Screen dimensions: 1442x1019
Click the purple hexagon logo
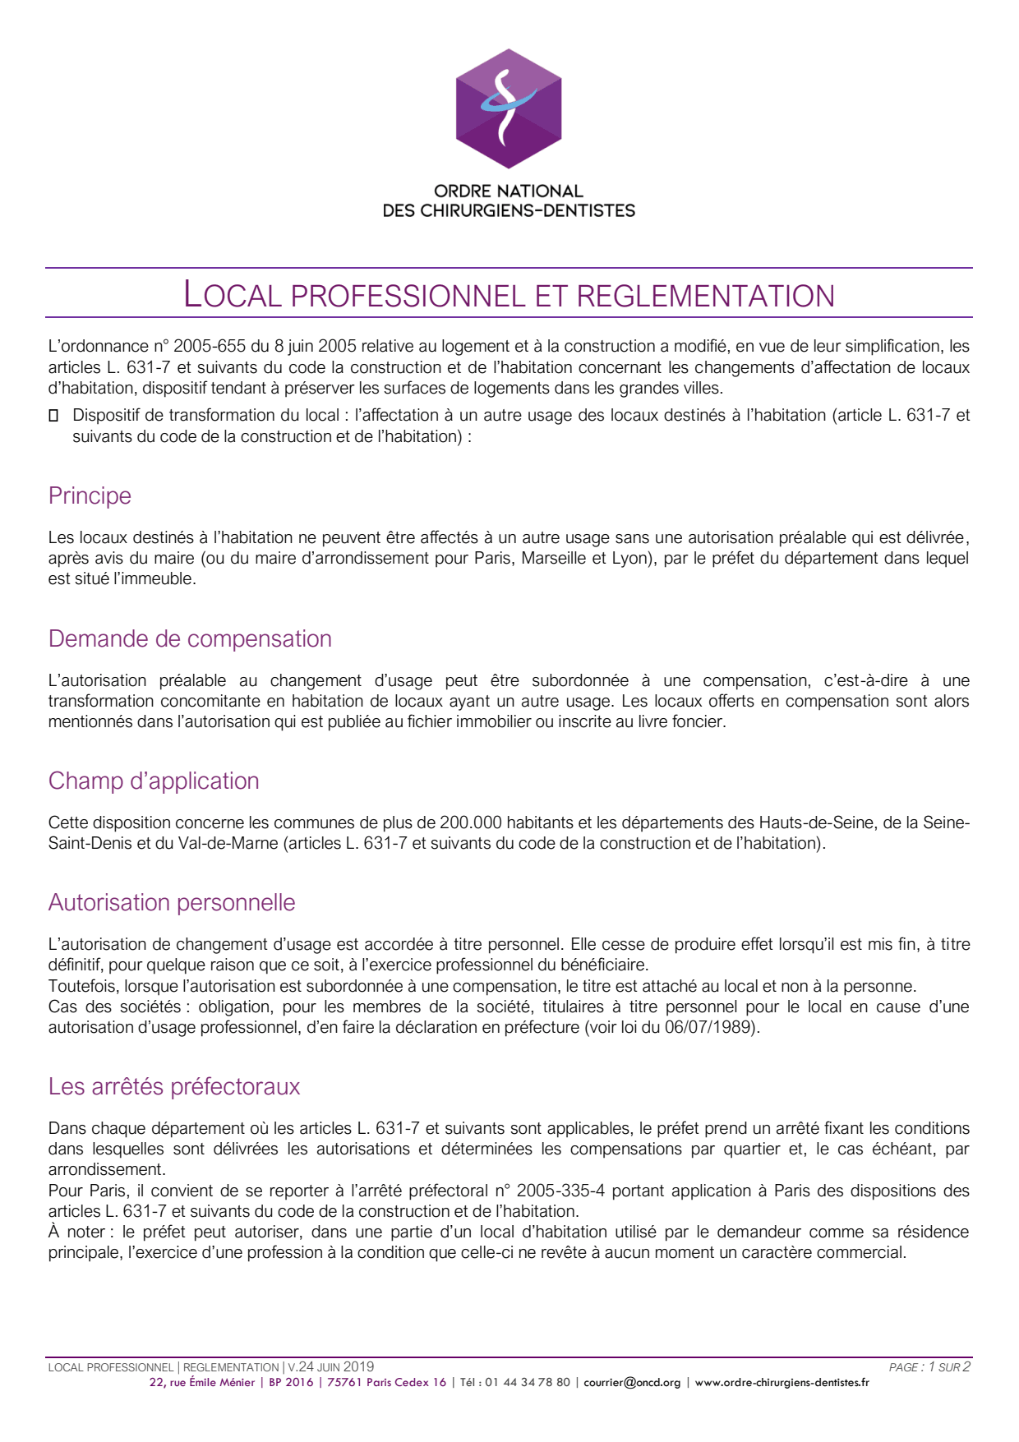509,108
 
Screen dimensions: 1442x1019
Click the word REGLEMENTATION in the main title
706,297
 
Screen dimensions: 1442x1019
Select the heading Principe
90,496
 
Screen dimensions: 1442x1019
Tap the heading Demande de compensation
190,639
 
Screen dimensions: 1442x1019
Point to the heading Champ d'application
154,781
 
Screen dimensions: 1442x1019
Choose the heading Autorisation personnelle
172,903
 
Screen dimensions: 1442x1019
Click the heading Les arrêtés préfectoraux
174,1087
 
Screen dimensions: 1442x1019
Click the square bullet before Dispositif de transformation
53,416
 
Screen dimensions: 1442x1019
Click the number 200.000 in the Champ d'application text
471,823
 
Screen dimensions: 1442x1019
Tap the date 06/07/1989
710,1028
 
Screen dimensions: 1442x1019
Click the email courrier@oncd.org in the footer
632,1383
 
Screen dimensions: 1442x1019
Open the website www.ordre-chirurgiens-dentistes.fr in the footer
782,1383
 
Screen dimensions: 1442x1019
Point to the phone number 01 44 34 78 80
527,1383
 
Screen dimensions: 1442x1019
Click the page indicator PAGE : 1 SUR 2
929,1367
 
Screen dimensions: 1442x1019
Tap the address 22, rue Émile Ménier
202,1383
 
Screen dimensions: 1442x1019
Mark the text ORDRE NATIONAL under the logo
509,191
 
